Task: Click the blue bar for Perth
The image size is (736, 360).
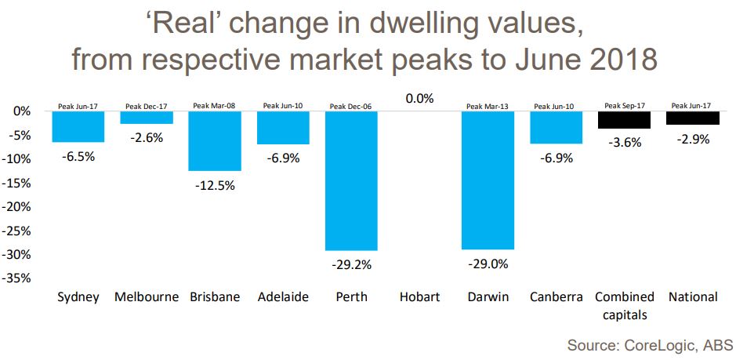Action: coord(351,180)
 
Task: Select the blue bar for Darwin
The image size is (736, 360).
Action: coord(488,180)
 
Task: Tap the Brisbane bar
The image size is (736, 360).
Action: coord(215,141)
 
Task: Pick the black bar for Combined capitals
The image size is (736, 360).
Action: coord(624,120)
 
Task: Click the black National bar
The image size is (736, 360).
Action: coord(692,118)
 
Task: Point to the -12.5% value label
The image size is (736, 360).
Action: coord(215,186)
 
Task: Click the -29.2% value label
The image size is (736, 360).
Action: coord(351,265)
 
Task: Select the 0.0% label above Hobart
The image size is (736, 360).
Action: coord(419,99)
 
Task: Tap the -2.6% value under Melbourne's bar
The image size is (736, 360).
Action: coord(147,138)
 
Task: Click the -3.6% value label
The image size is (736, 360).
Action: coord(624,143)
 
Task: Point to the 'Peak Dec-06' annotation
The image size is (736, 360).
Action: coord(351,106)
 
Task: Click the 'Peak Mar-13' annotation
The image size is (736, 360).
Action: coord(488,106)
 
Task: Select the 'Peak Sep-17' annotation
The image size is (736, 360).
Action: coord(624,105)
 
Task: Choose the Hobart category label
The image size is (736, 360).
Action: coord(419,297)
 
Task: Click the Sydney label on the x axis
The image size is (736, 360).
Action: coord(78,297)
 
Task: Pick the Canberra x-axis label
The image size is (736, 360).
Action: coord(556,297)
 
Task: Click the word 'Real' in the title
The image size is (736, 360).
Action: coord(183,24)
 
